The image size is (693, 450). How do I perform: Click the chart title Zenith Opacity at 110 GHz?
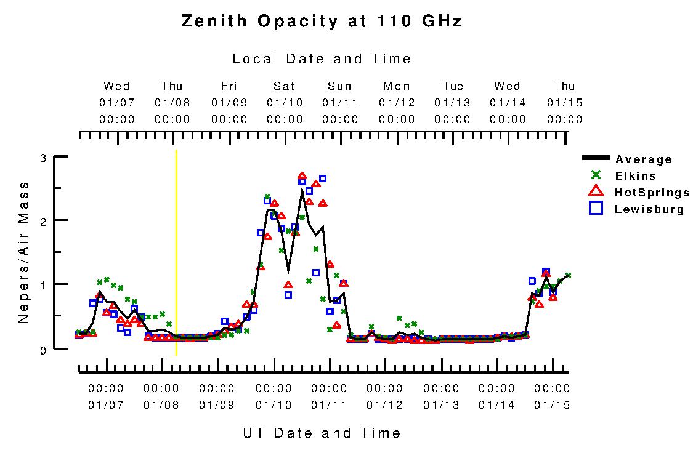pyautogui.click(x=322, y=22)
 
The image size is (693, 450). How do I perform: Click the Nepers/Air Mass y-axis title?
pyautogui.click(x=23, y=252)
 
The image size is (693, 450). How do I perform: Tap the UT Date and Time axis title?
pyautogui.click(x=322, y=433)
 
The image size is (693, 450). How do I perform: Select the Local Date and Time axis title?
pyautogui.click(x=322, y=59)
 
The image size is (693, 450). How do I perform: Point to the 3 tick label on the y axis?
pyautogui.click(x=43, y=158)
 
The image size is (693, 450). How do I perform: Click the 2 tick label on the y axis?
pyautogui.click(x=43, y=221)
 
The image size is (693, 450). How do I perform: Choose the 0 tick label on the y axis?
pyautogui.click(x=43, y=349)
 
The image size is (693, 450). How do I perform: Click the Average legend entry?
pyautogui.click(x=643, y=160)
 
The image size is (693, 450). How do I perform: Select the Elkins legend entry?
pyautogui.click(x=635, y=176)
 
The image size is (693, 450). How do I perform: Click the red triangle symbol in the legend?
pyautogui.click(x=596, y=192)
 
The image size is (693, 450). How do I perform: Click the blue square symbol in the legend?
pyautogui.click(x=596, y=208)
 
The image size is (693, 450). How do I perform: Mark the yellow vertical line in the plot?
pyautogui.click(x=176, y=252)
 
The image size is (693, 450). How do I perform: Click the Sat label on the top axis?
pyautogui.click(x=284, y=86)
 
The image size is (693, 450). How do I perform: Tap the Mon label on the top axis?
pyautogui.click(x=396, y=86)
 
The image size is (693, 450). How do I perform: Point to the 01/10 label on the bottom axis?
pyautogui.click(x=273, y=405)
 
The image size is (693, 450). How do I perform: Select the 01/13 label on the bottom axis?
pyautogui.click(x=440, y=405)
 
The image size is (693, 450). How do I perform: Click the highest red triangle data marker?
pyautogui.click(x=302, y=177)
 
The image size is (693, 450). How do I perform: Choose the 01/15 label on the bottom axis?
pyautogui.click(x=551, y=405)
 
